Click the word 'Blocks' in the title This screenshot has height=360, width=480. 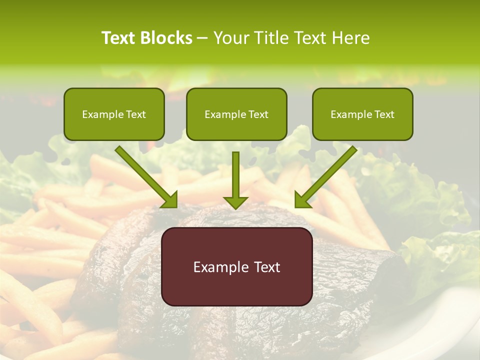pyautogui.click(x=166, y=38)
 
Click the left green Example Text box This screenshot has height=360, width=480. pyautogui.click(x=114, y=114)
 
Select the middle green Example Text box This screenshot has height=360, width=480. pyautogui.click(x=236, y=114)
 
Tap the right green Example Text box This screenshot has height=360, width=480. pyautogui.click(x=362, y=114)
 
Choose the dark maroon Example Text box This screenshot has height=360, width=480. pyautogui.click(x=236, y=266)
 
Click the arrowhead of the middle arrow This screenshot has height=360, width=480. pyautogui.click(x=235, y=201)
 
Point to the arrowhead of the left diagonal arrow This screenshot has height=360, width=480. pyautogui.click(x=170, y=199)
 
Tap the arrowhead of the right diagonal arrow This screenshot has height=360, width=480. pyautogui.click(x=302, y=199)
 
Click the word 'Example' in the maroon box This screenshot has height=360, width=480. pyautogui.click(x=218, y=267)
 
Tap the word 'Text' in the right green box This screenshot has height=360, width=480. pyautogui.click(x=384, y=114)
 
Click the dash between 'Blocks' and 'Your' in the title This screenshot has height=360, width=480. pyautogui.click(x=202, y=38)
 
